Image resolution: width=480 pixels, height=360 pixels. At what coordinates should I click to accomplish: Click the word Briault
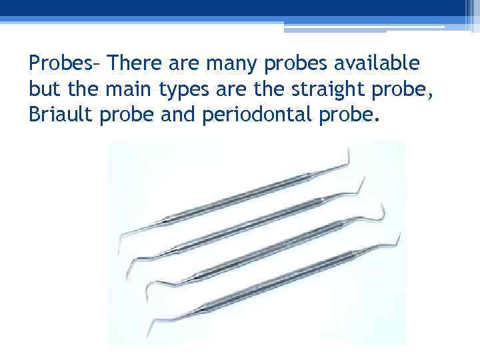click(57, 115)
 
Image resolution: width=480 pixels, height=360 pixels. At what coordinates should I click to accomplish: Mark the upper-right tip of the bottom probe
click(399, 235)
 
